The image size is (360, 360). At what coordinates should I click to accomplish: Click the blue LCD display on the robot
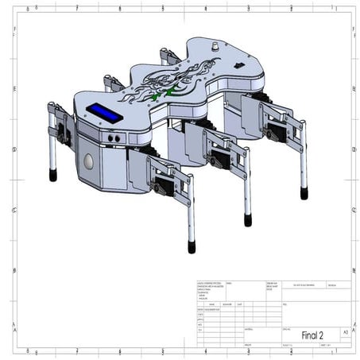(105, 113)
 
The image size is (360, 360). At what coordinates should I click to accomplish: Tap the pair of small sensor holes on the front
(116, 137)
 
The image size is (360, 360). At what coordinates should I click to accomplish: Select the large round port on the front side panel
(88, 161)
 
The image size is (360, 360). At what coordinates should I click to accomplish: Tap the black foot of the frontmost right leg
(191, 246)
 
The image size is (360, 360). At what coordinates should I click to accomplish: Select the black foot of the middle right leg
(248, 219)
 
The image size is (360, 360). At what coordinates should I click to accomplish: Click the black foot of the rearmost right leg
(304, 192)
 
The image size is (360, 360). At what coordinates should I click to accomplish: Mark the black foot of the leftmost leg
(53, 175)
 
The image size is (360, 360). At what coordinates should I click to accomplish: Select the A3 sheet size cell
(344, 331)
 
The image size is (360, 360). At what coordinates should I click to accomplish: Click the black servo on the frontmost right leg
(164, 188)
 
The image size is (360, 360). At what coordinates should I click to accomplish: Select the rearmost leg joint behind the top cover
(168, 56)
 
